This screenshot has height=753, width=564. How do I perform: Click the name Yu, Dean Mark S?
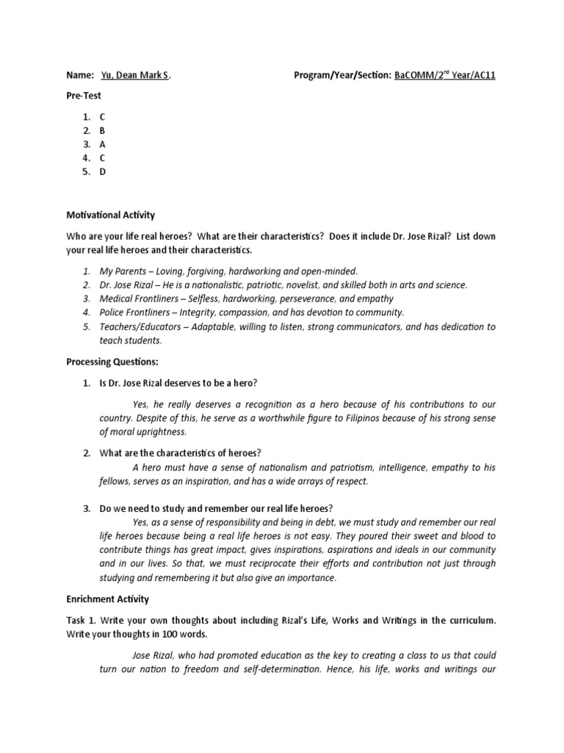(x=137, y=76)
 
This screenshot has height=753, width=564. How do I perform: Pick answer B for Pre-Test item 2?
(x=103, y=130)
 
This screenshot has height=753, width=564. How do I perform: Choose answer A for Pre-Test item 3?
(x=103, y=144)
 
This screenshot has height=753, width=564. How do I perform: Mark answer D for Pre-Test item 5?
(x=103, y=172)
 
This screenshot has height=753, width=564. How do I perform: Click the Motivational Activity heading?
(x=112, y=215)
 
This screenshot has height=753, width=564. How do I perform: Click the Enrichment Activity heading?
(x=108, y=599)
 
